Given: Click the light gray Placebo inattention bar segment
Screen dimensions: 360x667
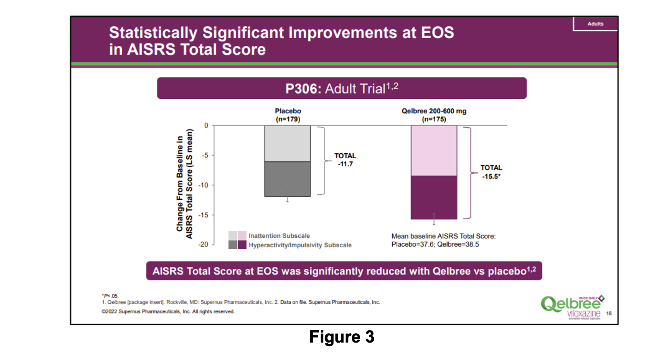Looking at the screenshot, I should point(287,143).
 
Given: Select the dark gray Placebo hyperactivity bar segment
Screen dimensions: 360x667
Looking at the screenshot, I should point(287,179).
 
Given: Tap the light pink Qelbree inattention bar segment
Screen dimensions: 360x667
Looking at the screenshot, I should point(434,151).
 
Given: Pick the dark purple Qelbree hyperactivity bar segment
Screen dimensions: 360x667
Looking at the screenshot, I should point(434,197).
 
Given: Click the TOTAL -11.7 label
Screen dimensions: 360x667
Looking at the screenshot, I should point(345,160).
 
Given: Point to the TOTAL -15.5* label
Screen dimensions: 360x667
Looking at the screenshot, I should point(491,172).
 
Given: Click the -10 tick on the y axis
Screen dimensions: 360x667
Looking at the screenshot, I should point(204,185).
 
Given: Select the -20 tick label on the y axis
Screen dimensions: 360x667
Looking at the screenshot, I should point(204,244).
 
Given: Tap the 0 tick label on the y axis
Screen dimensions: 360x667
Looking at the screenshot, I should point(206,125).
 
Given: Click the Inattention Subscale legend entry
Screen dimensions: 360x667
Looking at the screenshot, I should point(279,236).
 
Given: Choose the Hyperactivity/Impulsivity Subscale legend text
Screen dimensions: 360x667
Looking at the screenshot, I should point(300,245).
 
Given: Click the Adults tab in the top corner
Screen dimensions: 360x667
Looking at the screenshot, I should point(595,24).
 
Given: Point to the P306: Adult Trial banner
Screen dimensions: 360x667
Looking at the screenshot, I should point(341,89).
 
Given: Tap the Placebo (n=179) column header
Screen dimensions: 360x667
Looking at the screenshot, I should point(288,115).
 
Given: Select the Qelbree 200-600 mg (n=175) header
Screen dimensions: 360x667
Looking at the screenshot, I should point(434,115).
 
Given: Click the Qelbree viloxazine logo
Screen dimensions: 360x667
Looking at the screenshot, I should point(572,307).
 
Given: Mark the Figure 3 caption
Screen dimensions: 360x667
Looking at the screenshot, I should point(342,337).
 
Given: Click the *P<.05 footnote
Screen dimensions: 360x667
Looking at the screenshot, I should point(110,296).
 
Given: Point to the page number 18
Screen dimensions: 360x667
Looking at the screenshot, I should point(609,313).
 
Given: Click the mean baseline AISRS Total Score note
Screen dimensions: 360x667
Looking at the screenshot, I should point(443,240).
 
